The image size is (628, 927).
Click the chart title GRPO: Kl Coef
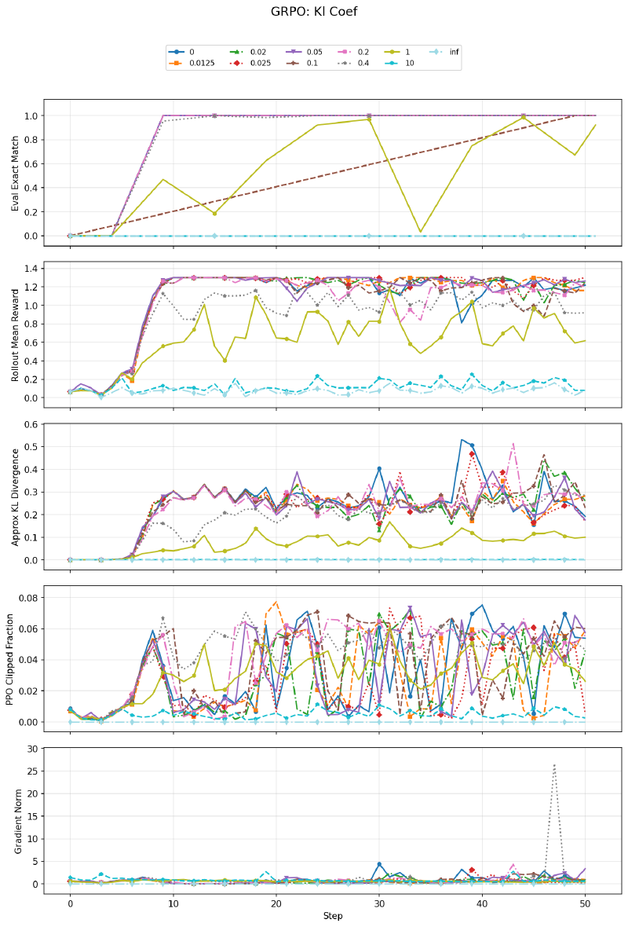click(x=313, y=12)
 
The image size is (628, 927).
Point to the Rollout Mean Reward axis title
click(x=16, y=333)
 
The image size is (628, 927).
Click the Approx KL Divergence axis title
click(x=16, y=495)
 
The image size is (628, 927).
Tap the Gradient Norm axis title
click(x=16, y=820)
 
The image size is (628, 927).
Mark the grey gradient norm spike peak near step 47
click(x=555, y=764)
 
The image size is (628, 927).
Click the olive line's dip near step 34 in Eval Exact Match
click(x=421, y=232)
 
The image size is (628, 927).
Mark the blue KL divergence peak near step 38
click(x=462, y=439)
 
